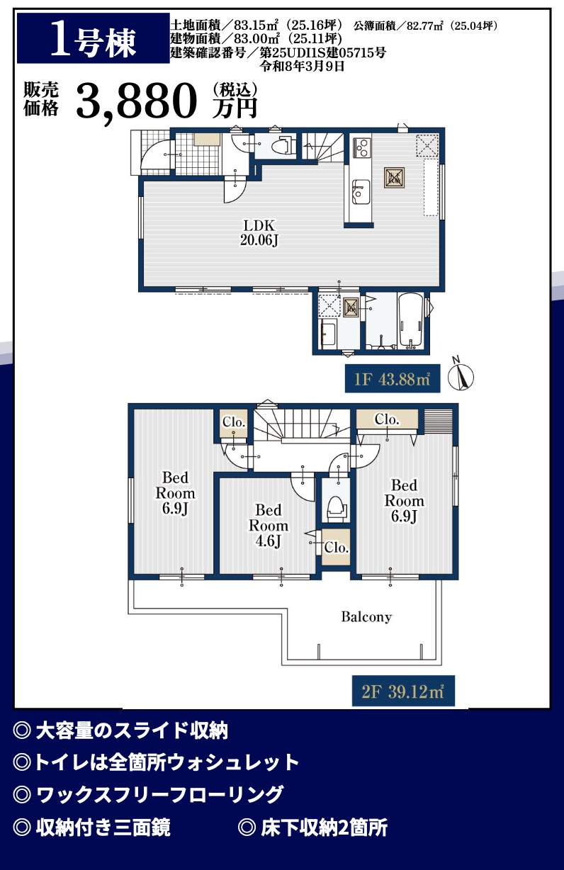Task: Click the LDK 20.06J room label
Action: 259,232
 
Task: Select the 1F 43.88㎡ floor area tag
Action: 393,379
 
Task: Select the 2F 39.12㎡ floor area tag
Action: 403,691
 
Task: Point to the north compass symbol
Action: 461,374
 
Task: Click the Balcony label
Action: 366,616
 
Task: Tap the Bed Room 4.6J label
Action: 269,526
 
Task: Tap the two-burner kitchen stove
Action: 361,147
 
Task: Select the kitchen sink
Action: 361,192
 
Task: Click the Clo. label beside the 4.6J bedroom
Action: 337,548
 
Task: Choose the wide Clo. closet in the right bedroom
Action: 387,419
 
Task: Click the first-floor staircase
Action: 323,147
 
